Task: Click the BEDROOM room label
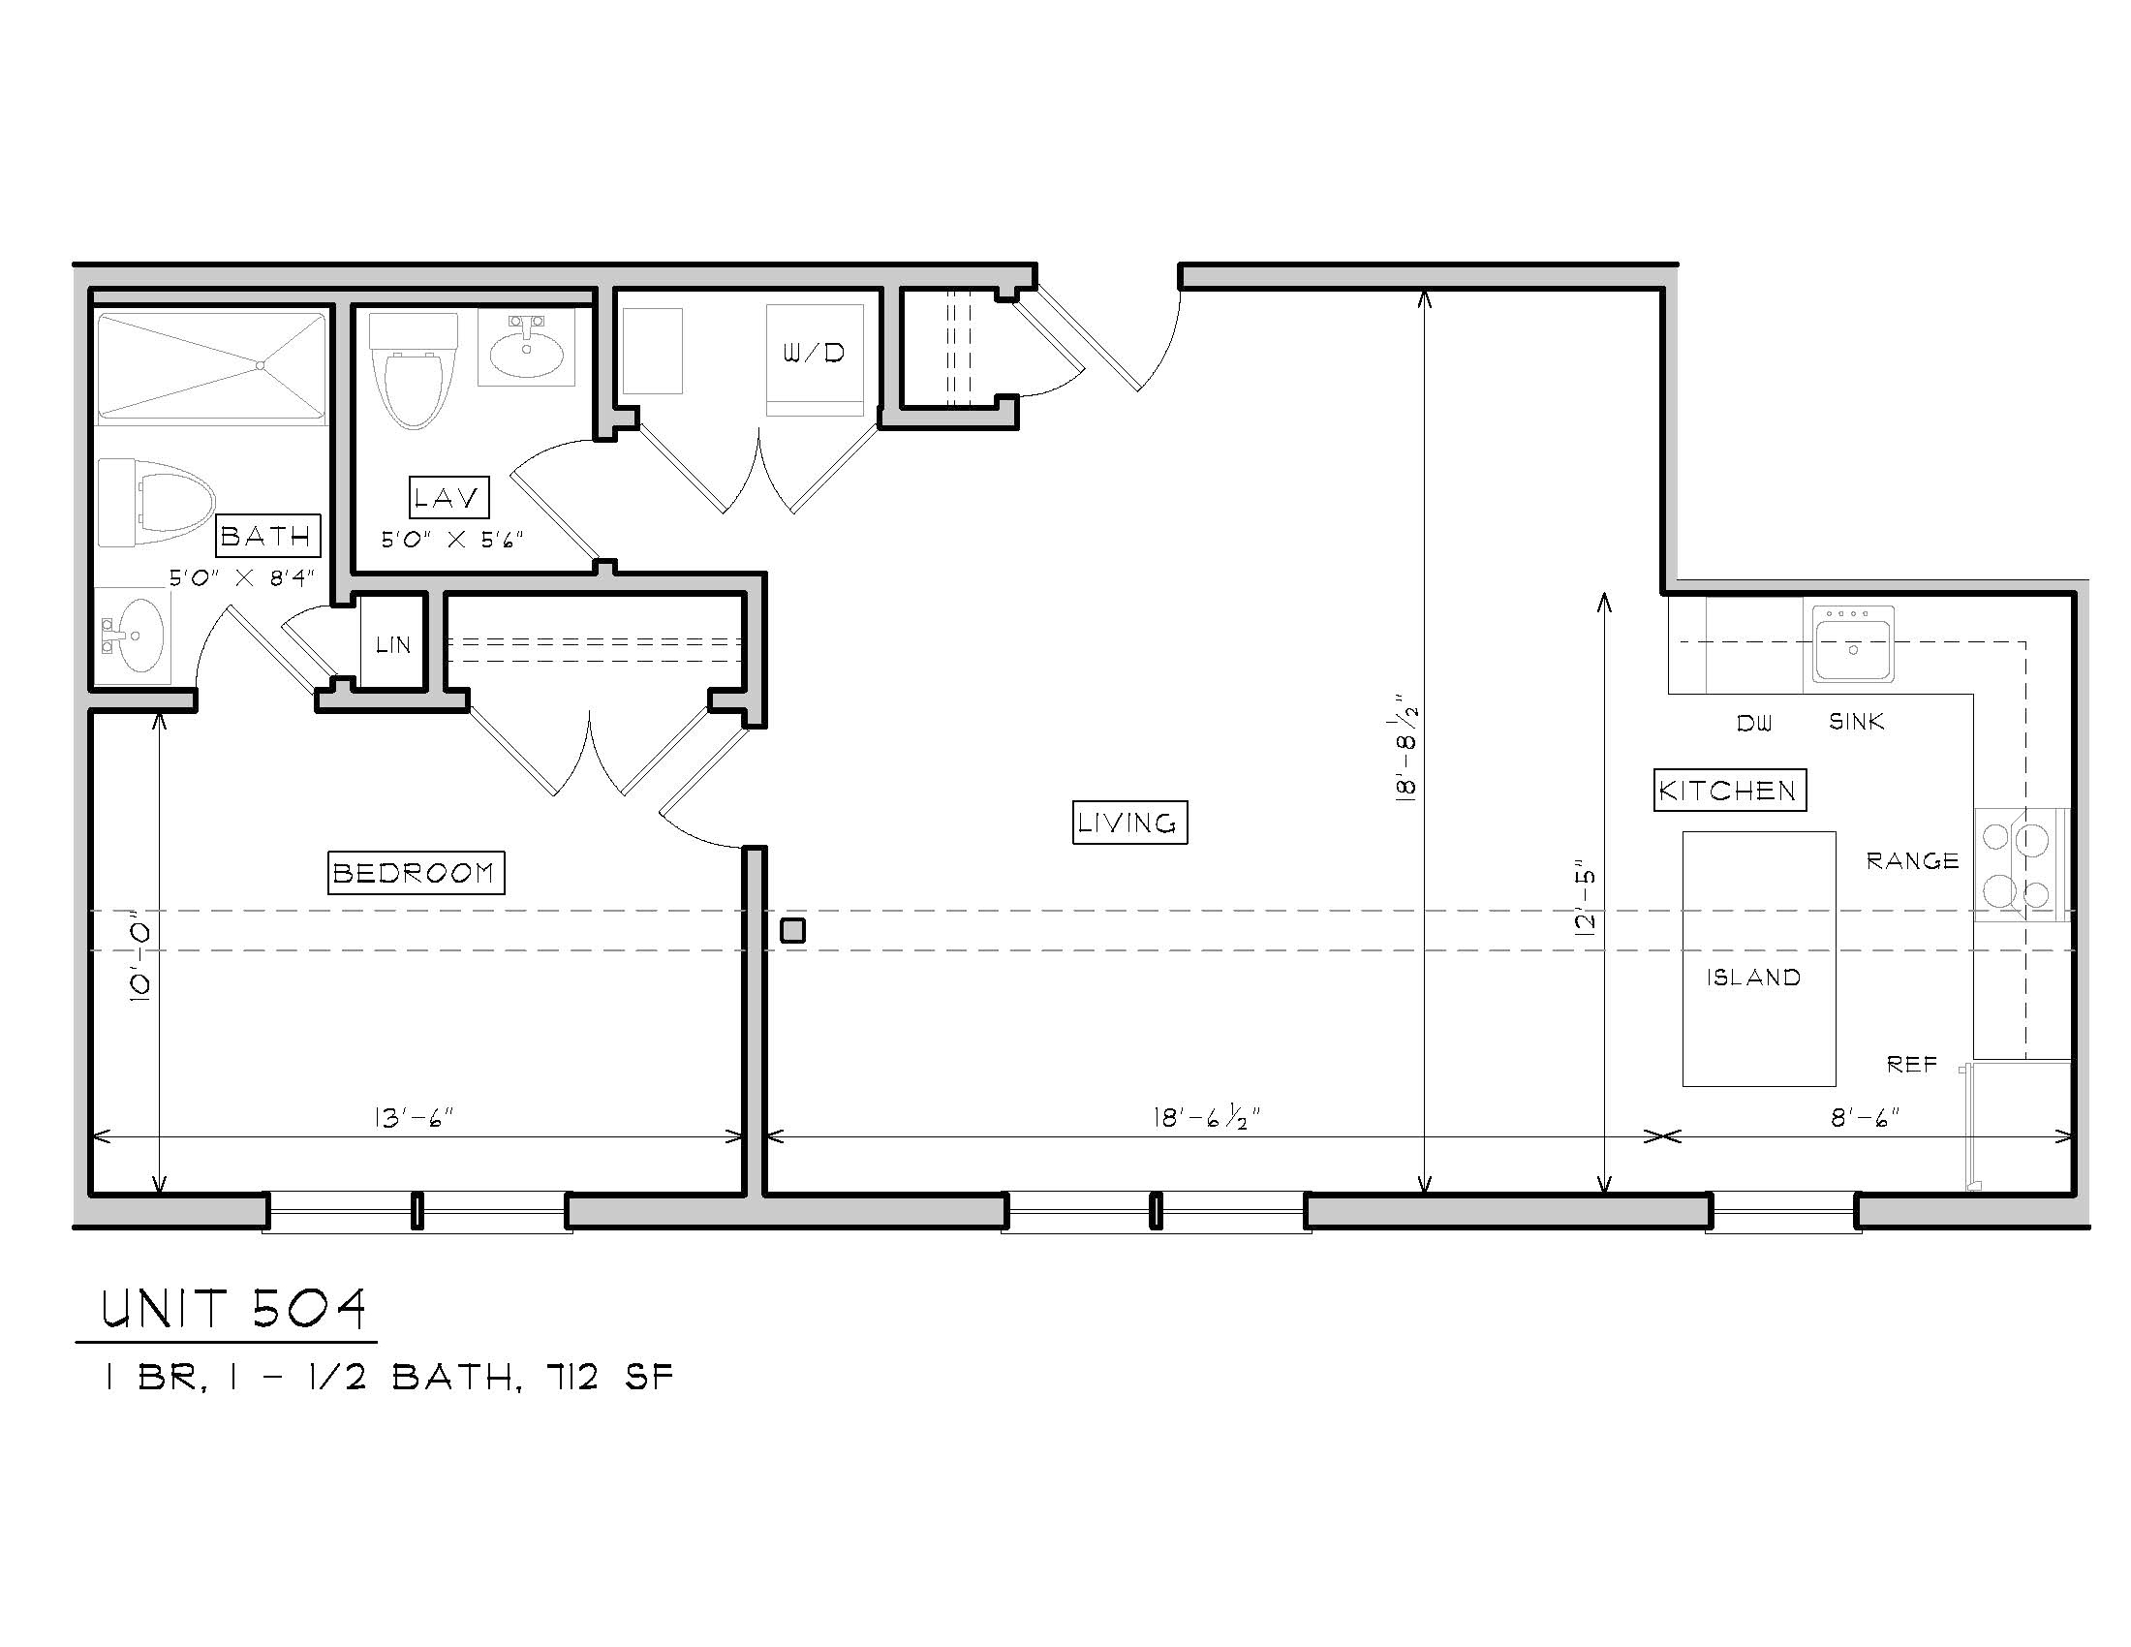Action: [x=416, y=872]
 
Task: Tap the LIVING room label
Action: [x=1128, y=823]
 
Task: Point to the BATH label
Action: [x=265, y=536]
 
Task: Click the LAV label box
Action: [x=448, y=498]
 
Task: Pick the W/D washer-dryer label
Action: [x=814, y=354]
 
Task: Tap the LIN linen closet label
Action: [x=393, y=645]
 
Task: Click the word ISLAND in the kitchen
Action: [x=1753, y=977]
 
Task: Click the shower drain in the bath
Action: [x=261, y=366]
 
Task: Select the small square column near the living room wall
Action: [x=792, y=931]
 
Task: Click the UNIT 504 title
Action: [x=233, y=1309]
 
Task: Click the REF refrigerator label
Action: [x=1911, y=1064]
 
